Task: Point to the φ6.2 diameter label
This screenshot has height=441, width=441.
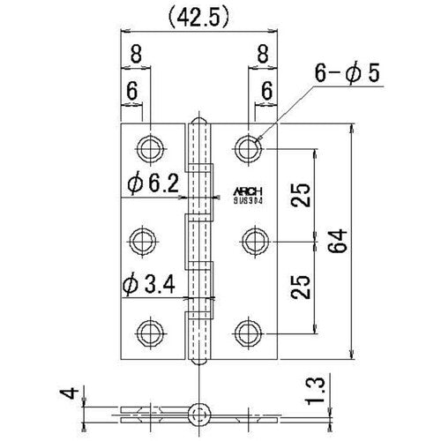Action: [153, 183]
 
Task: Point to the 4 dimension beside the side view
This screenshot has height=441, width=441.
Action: [82, 389]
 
